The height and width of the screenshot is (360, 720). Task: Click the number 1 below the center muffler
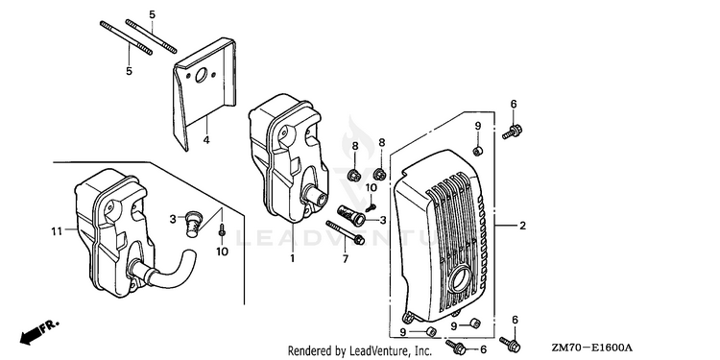point(292,259)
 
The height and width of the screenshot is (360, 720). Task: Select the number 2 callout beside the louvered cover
point(522,226)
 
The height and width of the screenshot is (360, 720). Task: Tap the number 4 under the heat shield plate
point(206,139)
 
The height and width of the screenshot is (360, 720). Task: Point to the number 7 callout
point(346,260)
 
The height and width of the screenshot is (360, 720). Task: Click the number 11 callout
point(57,231)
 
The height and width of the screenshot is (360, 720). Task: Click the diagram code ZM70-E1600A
point(592,348)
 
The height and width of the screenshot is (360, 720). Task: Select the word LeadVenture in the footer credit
point(373,351)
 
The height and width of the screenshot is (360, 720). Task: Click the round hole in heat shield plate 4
point(202,76)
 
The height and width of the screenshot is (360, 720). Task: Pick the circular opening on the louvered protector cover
point(460,278)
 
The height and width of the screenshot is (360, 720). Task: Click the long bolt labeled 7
point(346,232)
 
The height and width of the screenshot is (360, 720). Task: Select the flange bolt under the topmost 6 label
point(513,132)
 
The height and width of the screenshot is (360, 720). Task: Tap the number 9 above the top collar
point(477,126)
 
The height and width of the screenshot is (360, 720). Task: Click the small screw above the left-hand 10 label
point(222,230)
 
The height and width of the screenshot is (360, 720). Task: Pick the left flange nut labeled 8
point(353,175)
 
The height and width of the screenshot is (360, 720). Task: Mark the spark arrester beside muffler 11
point(194,223)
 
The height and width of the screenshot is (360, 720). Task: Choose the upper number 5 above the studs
point(152,14)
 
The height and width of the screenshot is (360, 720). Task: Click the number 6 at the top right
point(514,105)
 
